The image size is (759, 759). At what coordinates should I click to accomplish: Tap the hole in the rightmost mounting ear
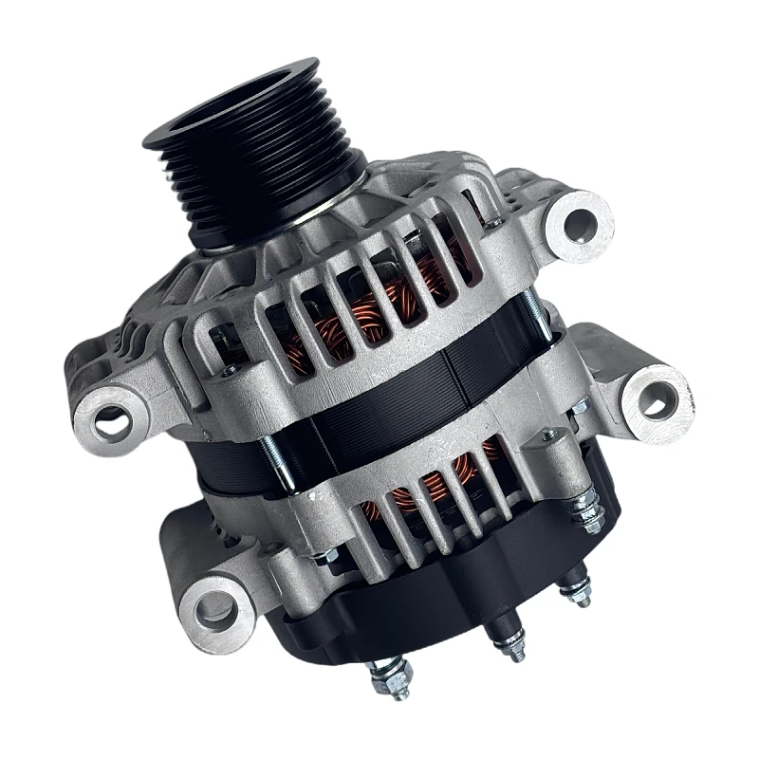coord(655,397)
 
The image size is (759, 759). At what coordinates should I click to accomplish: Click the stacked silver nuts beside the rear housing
coord(588,512)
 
